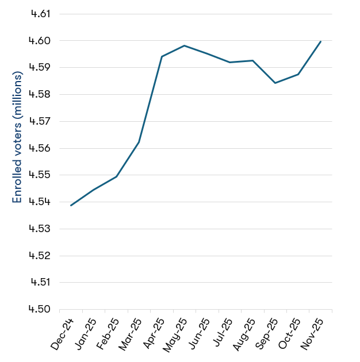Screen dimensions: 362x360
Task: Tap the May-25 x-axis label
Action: tap(176, 334)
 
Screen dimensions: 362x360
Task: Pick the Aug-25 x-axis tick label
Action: tap(244, 334)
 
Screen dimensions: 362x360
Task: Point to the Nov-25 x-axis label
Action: tap(312, 334)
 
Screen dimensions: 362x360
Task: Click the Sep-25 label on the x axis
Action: tap(267, 334)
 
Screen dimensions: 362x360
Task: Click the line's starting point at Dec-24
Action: tap(71, 205)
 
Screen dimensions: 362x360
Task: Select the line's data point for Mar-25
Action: tap(139, 142)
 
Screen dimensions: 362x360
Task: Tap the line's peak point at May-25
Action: tap(184, 45)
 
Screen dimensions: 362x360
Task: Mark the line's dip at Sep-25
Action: tap(275, 83)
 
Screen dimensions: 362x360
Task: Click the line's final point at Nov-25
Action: tap(320, 41)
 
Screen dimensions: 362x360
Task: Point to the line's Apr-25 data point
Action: tap(162, 56)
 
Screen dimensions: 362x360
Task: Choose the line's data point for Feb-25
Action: tap(116, 176)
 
